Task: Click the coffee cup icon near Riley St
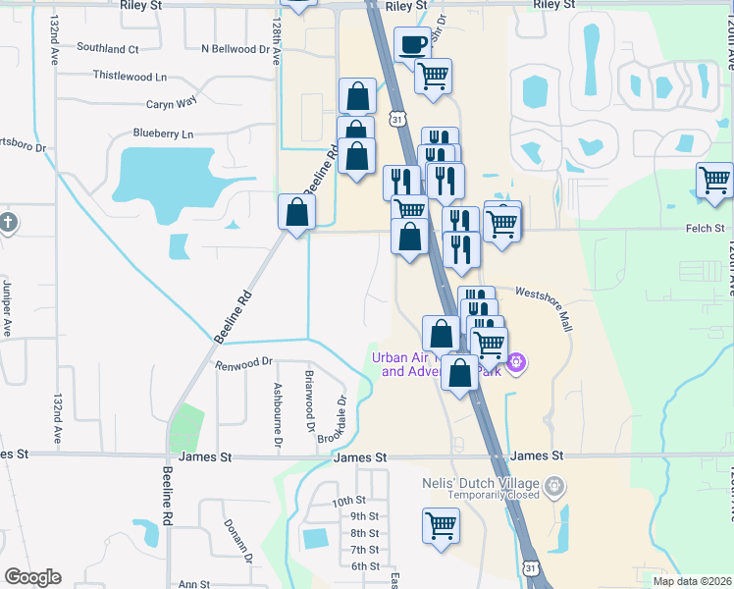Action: pyautogui.click(x=412, y=43)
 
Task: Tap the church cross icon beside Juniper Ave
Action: pyautogui.click(x=9, y=222)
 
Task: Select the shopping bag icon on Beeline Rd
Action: pyautogui.click(x=296, y=212)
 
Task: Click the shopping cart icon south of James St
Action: pyautogui.click(x=442, y=525)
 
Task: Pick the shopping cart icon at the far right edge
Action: pyautogui.click(x=714, y=181)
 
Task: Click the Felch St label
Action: pyautogui.click(x=705, y=228)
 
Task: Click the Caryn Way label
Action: pyautogui.click(x=172, y=101)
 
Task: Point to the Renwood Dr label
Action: pyautogui.click(x=244, y=362)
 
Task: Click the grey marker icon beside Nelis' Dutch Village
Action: pyautogui.click(x=555, y=484)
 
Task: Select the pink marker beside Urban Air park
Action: pyautogui.click(x=518, y=365)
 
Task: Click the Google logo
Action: pyautogui.click(x=32, y=576)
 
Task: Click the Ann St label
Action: pyautogui.click(x=194, y=583)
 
